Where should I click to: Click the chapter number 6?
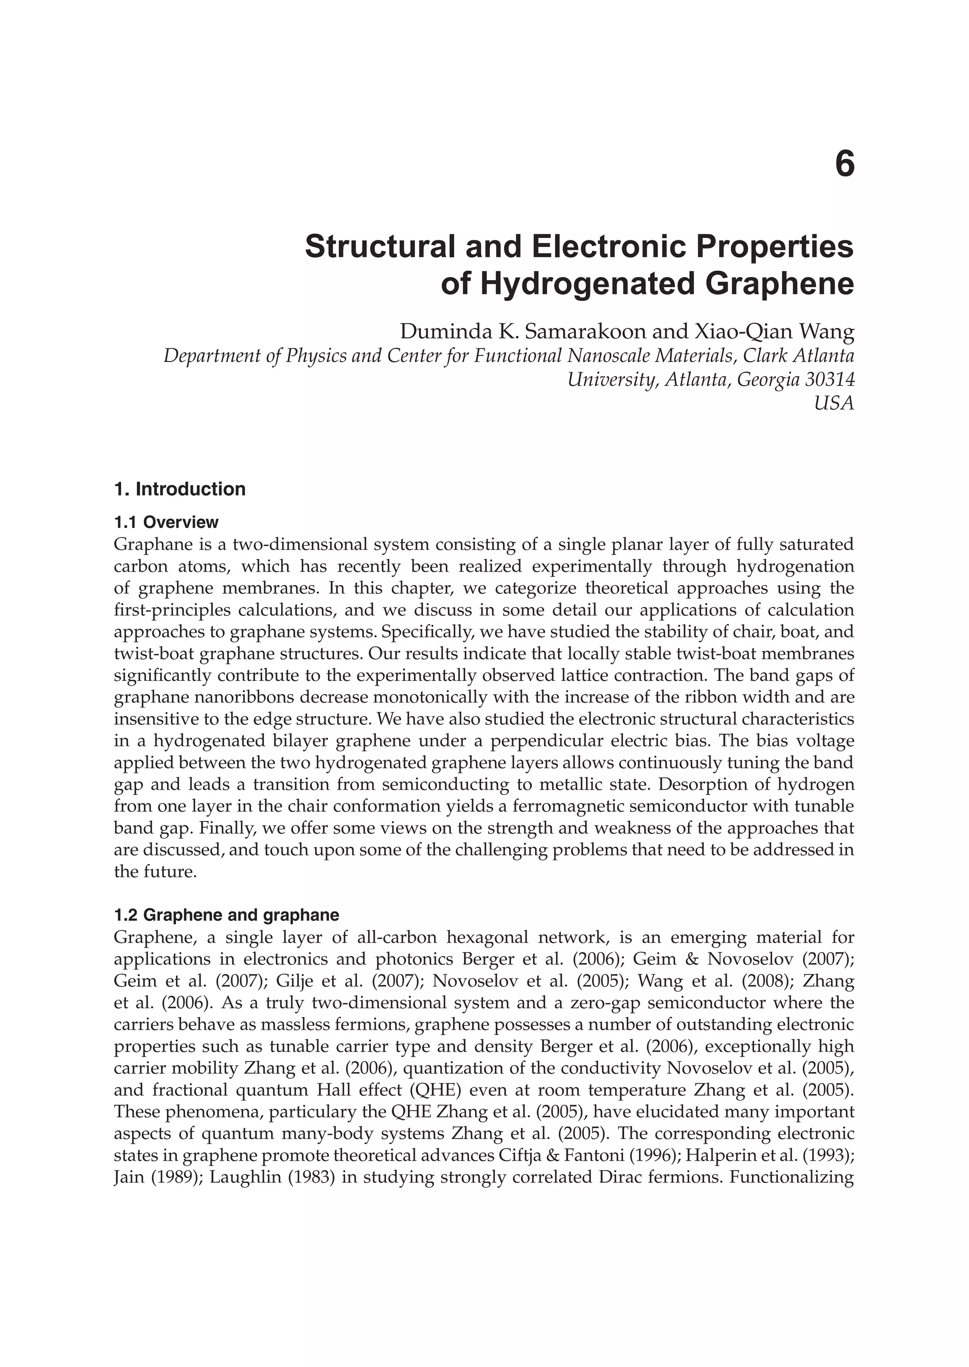coord(844,164)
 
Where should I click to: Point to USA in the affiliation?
coord(834,404)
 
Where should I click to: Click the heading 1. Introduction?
coord(180,489)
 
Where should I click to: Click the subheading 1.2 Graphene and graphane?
coord(226,915)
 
